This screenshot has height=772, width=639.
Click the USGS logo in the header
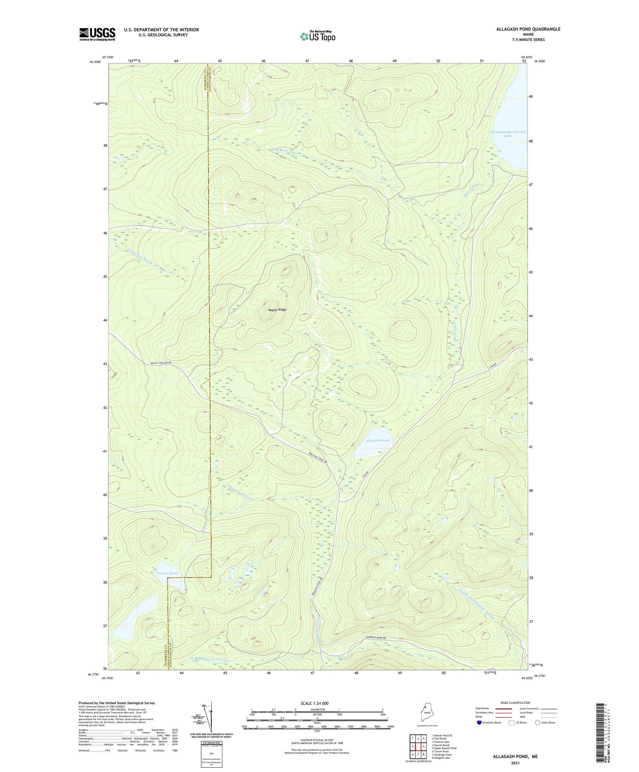[x=97, y=34]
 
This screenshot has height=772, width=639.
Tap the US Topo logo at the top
[x=317, y=36]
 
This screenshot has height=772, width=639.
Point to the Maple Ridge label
[x=277, y=310]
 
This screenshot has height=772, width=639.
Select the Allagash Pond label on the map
[x=377, y=440]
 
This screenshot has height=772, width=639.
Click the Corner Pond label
[x=167, y=573]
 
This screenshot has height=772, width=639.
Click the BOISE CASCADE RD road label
[x=164, y=363]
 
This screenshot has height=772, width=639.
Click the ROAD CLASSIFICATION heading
[x=515, y=703]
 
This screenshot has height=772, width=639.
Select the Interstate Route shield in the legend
[x=479, y=722]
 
